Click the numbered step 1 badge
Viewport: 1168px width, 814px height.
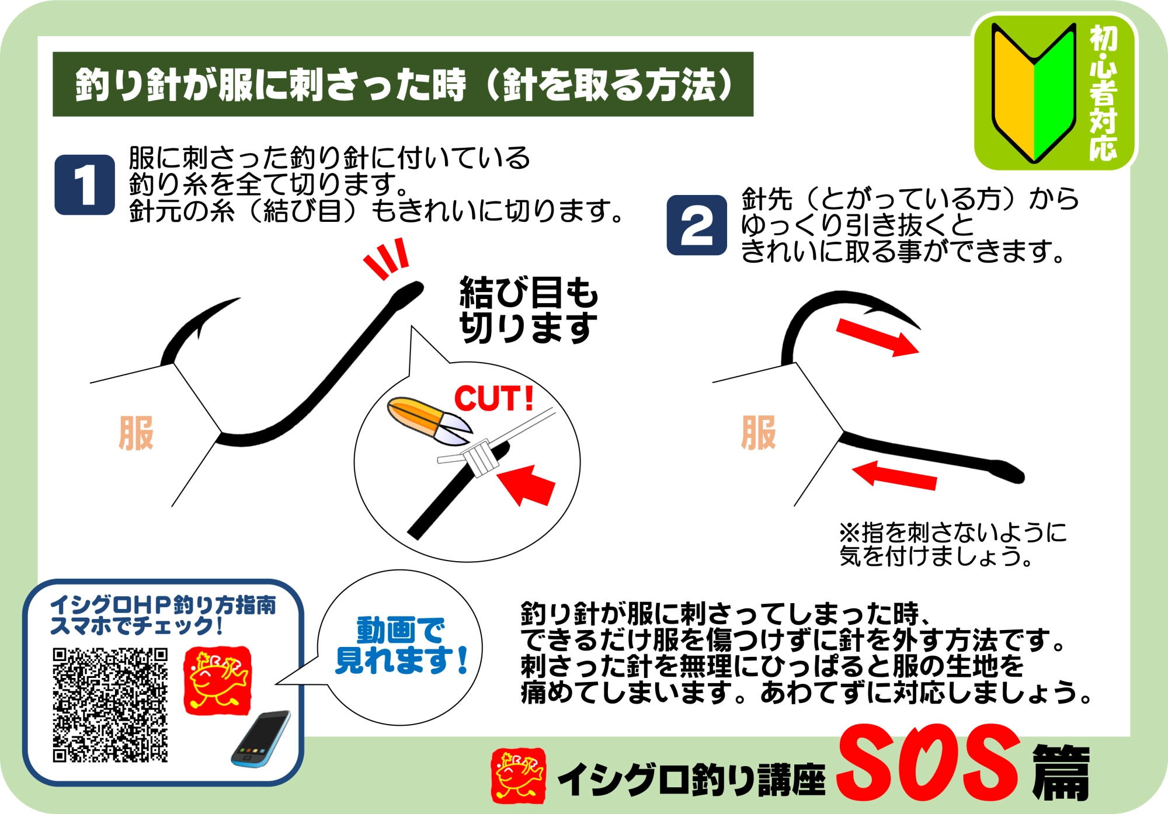(85, 185)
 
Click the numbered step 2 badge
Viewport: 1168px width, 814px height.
(697, 225)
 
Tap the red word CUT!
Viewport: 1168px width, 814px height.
(494, 399)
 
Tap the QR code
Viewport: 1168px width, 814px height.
(110, 705)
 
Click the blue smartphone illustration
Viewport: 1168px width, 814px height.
(260, 739)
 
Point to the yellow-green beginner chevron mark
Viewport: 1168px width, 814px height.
(1034, 93)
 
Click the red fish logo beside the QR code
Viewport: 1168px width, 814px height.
(218, 681)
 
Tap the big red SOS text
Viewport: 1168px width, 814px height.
(929, 764)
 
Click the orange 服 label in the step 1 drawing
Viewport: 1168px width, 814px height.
(136, 433)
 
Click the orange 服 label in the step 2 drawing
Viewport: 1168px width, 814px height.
(759, 433)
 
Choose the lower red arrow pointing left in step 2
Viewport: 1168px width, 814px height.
(894, 475)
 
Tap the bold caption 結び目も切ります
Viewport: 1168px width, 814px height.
(529, 309)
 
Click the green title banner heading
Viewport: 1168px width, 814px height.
(403, 84)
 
